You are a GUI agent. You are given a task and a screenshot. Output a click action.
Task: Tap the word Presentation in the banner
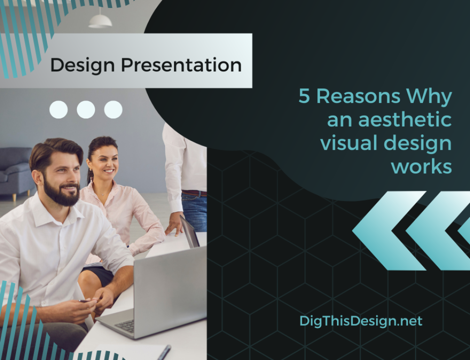[x=181, y=65]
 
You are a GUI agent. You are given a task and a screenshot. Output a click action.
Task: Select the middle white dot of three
[x=86, y=110]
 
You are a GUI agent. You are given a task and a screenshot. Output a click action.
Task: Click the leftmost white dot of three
[x=58, y=110]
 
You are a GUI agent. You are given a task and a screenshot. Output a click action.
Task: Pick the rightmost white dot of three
[x=113, y=110]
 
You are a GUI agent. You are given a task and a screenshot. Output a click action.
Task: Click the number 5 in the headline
[x=305, y=97]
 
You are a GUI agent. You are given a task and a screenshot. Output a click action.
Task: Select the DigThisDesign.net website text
[x=361, y=321]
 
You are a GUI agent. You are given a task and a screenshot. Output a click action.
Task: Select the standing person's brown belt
[x=194, y=193]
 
